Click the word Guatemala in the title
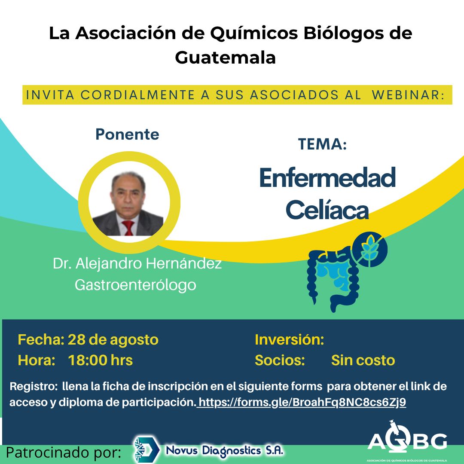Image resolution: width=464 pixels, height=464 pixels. pyautogui.click(x=226, y=58)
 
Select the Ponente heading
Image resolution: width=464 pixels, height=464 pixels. pyautogui.click(x=127, y=134)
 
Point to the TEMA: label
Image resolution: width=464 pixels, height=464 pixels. pyautogui.click(x=322, y=144)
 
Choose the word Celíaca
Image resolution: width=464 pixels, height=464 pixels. pyautogui.click(x=327, y=210)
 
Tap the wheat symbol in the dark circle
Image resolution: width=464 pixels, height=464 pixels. pyautogui.click(x=369, y=249)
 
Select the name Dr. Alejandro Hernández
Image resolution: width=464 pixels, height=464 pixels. pyautogui.click(x=137, y=263)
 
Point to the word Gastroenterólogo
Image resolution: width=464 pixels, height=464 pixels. pyautogui.click(x=135, y=285)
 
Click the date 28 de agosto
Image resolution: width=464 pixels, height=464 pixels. pyautogui.click(x=113, y=340)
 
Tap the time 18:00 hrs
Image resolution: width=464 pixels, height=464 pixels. pyautogui.click(x=100, y=360)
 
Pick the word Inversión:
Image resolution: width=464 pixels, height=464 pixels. pyautogui.click(x=290, y=340)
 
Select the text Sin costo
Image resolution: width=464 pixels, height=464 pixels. pyautogui.click(x=363, y=360)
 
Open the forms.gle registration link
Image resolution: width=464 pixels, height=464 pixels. pyautogui.click(x=302, y=402)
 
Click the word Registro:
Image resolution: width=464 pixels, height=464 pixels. pyautogui.click(x=33, y=387)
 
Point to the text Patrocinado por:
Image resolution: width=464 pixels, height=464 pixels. pyautogui.click(x=63, y=452)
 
